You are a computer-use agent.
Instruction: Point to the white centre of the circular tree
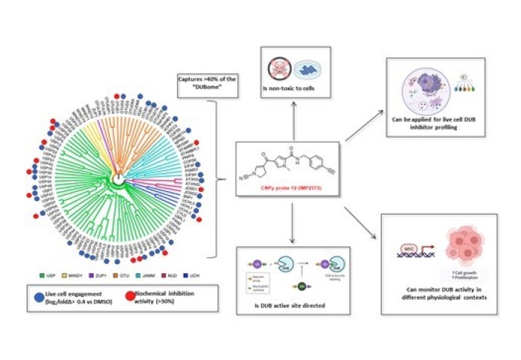click(118, 179)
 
